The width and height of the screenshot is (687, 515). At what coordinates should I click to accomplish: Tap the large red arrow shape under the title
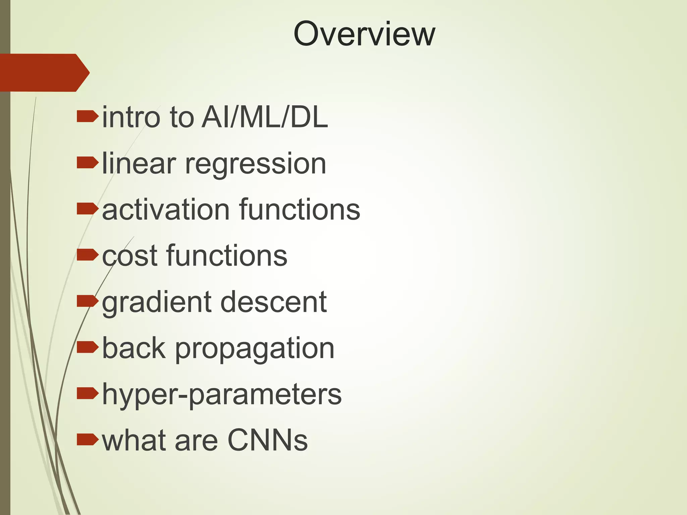pyautogui.click(x=44, y=72)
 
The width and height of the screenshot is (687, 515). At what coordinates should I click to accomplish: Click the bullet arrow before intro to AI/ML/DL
pyautogui.click(x=87, y=117)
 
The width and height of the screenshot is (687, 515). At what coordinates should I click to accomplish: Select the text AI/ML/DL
pyautogui.click(x=265, y=117)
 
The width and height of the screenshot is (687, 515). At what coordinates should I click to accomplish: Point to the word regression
pyautogui.click(x=256, y=164)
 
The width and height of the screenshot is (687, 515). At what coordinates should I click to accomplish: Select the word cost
pyautogui.click(x=129, y=256)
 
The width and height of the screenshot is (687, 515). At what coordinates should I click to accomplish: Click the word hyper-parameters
pyautogui.click(x=222, y=395)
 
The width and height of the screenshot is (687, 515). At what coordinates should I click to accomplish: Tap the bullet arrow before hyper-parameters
pyautogui.click(x=87, y=393)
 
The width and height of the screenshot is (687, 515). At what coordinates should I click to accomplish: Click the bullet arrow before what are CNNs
pyautogui.click(x=87, y=440)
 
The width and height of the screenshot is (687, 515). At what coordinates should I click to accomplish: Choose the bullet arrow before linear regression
pyautogui.click(x=87, y=163)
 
